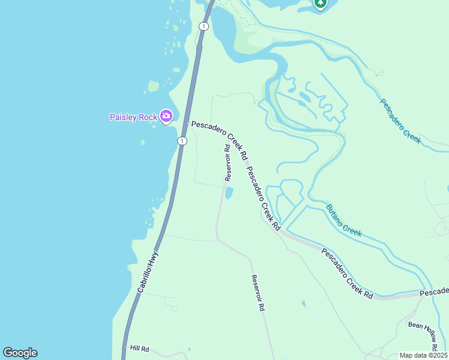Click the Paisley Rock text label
pos(133,117)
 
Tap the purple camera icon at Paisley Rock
pos(166,116)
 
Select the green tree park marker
pos(321,4)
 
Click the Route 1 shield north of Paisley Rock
pos(204,26)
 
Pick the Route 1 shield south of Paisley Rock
pos(182,140)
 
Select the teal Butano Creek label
pos(343,220)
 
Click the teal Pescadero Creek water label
pos(400,120)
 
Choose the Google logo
pos(20,353)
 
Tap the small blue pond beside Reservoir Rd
pos(229,193)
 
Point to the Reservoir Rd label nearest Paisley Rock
pos(228,162)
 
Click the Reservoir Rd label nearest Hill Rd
pos(258,293)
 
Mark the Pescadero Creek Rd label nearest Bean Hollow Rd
pos(347,274)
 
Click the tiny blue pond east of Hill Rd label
pos(190,349)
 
